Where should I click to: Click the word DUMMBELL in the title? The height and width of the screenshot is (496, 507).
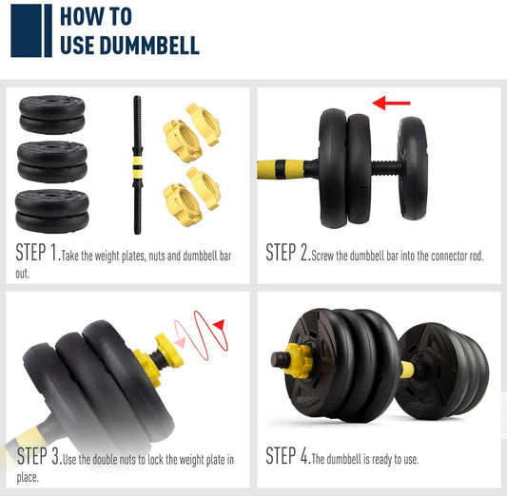click(149, 46)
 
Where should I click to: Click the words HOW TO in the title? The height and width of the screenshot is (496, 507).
click(96, 16)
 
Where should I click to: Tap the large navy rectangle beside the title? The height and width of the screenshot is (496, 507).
click(26, 30)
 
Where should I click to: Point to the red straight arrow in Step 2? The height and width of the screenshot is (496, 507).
click(391, 103)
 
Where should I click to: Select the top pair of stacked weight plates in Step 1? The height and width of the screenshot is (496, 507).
click(52, 115)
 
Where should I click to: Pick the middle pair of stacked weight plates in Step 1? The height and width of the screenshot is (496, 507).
click(52, 162)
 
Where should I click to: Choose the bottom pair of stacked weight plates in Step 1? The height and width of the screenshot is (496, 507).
click(52, 211)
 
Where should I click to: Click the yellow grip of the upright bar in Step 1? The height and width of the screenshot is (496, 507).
click(137, 167)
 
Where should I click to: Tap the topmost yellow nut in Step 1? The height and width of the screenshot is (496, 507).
click(204, 124)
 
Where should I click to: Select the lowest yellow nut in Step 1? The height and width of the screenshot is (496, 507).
click(183, 204)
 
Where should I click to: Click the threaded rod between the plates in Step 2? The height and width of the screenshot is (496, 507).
click(387, 168)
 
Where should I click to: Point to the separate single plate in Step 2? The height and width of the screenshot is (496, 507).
click(413, 168)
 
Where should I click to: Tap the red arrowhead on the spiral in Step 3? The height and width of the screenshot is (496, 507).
click(219, 324)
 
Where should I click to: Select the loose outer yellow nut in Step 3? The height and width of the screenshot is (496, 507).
click(169, 351)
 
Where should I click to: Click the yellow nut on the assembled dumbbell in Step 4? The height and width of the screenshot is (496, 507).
click(299, 361)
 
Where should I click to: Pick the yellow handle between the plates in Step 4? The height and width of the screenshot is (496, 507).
click(407, 370)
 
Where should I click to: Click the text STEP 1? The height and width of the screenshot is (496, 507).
click(38, 252)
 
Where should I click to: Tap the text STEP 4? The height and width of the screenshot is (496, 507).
click(288, 455)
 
